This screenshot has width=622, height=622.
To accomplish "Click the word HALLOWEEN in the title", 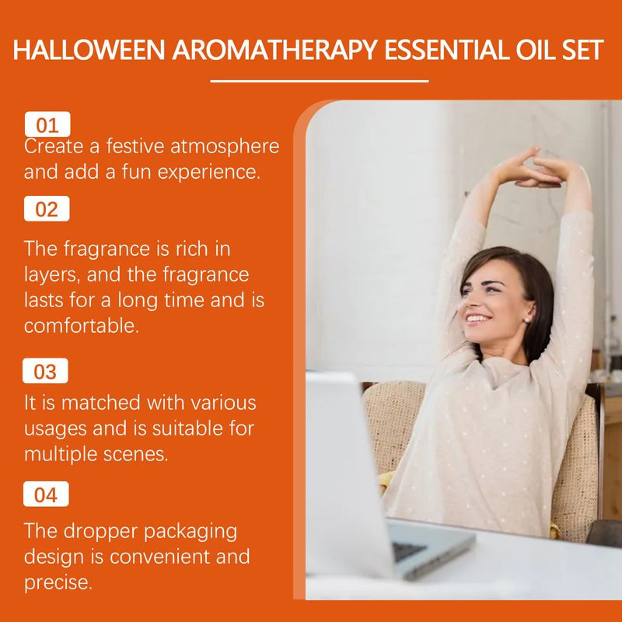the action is coord(89,50).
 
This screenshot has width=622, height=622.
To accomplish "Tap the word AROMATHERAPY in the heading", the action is coord(274,50).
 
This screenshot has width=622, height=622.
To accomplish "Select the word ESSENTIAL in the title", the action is coord(446,50).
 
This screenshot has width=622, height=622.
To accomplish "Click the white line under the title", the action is coord(320,81).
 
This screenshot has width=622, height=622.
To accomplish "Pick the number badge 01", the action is coord(47,124).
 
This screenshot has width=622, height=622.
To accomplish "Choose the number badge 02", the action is coord(47,208).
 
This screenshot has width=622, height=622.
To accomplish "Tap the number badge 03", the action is coord(45,371).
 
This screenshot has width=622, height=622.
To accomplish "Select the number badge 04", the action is coord(46,494).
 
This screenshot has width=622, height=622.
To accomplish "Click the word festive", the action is coord(135,146).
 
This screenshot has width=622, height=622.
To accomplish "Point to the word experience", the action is coord(209,173).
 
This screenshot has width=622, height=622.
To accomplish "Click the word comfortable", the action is coord(82,326).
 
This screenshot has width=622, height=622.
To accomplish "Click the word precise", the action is coord(58,583).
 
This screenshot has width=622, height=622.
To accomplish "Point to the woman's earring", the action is coord(527,320).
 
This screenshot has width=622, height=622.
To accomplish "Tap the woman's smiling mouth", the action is coord(478,319).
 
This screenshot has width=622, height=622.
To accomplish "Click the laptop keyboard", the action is coord(409,550).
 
